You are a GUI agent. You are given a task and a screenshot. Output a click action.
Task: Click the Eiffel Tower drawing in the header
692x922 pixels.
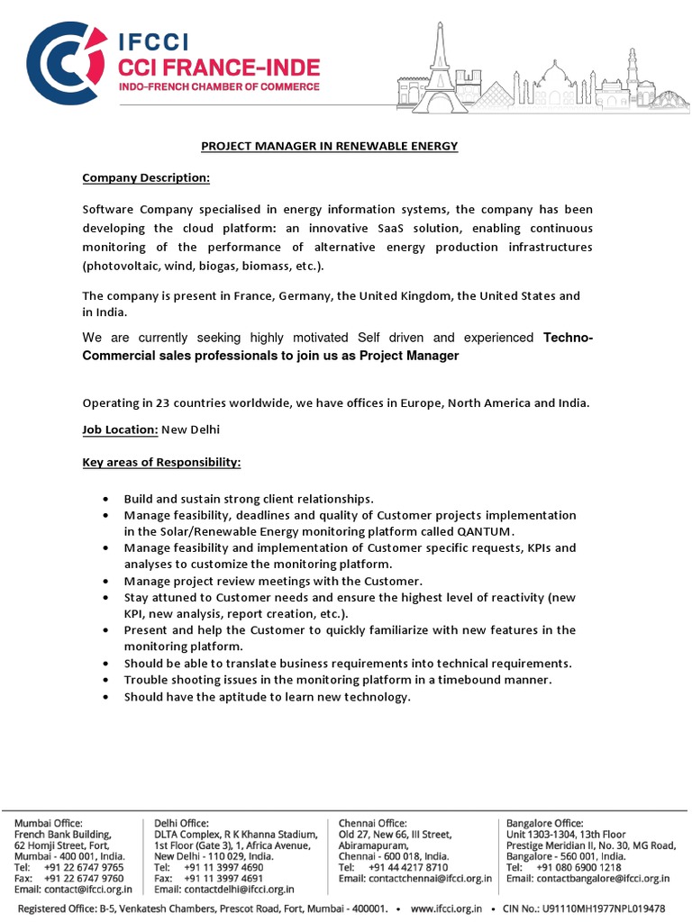click(441, 68)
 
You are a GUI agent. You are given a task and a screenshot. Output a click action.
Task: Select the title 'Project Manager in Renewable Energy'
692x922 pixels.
click(329, 146)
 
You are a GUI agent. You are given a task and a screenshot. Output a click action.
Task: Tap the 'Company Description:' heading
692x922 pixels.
click(146, 178)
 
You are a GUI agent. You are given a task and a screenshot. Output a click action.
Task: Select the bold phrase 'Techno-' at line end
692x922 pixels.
click(568, 338)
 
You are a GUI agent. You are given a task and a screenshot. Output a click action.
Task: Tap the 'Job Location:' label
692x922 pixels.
click(121, 429)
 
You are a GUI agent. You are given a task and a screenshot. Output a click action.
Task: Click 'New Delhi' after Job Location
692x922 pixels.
click(190, 429)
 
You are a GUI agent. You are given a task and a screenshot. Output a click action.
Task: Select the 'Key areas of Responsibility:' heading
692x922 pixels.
click(162, 462)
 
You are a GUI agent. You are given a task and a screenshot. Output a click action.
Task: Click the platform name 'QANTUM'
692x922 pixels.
click(486, 531)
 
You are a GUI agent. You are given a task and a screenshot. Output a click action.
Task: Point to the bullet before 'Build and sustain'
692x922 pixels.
click(105, 499)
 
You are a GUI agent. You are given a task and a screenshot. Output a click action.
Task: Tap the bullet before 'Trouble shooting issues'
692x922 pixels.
click(105, 681)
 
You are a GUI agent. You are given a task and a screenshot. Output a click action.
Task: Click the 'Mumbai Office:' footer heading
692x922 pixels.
click(48, 822)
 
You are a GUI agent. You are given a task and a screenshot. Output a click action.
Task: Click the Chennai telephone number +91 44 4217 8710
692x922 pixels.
click(408, 867)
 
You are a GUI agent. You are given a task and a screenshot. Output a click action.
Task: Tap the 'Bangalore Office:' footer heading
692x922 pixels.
click(544, 822)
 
